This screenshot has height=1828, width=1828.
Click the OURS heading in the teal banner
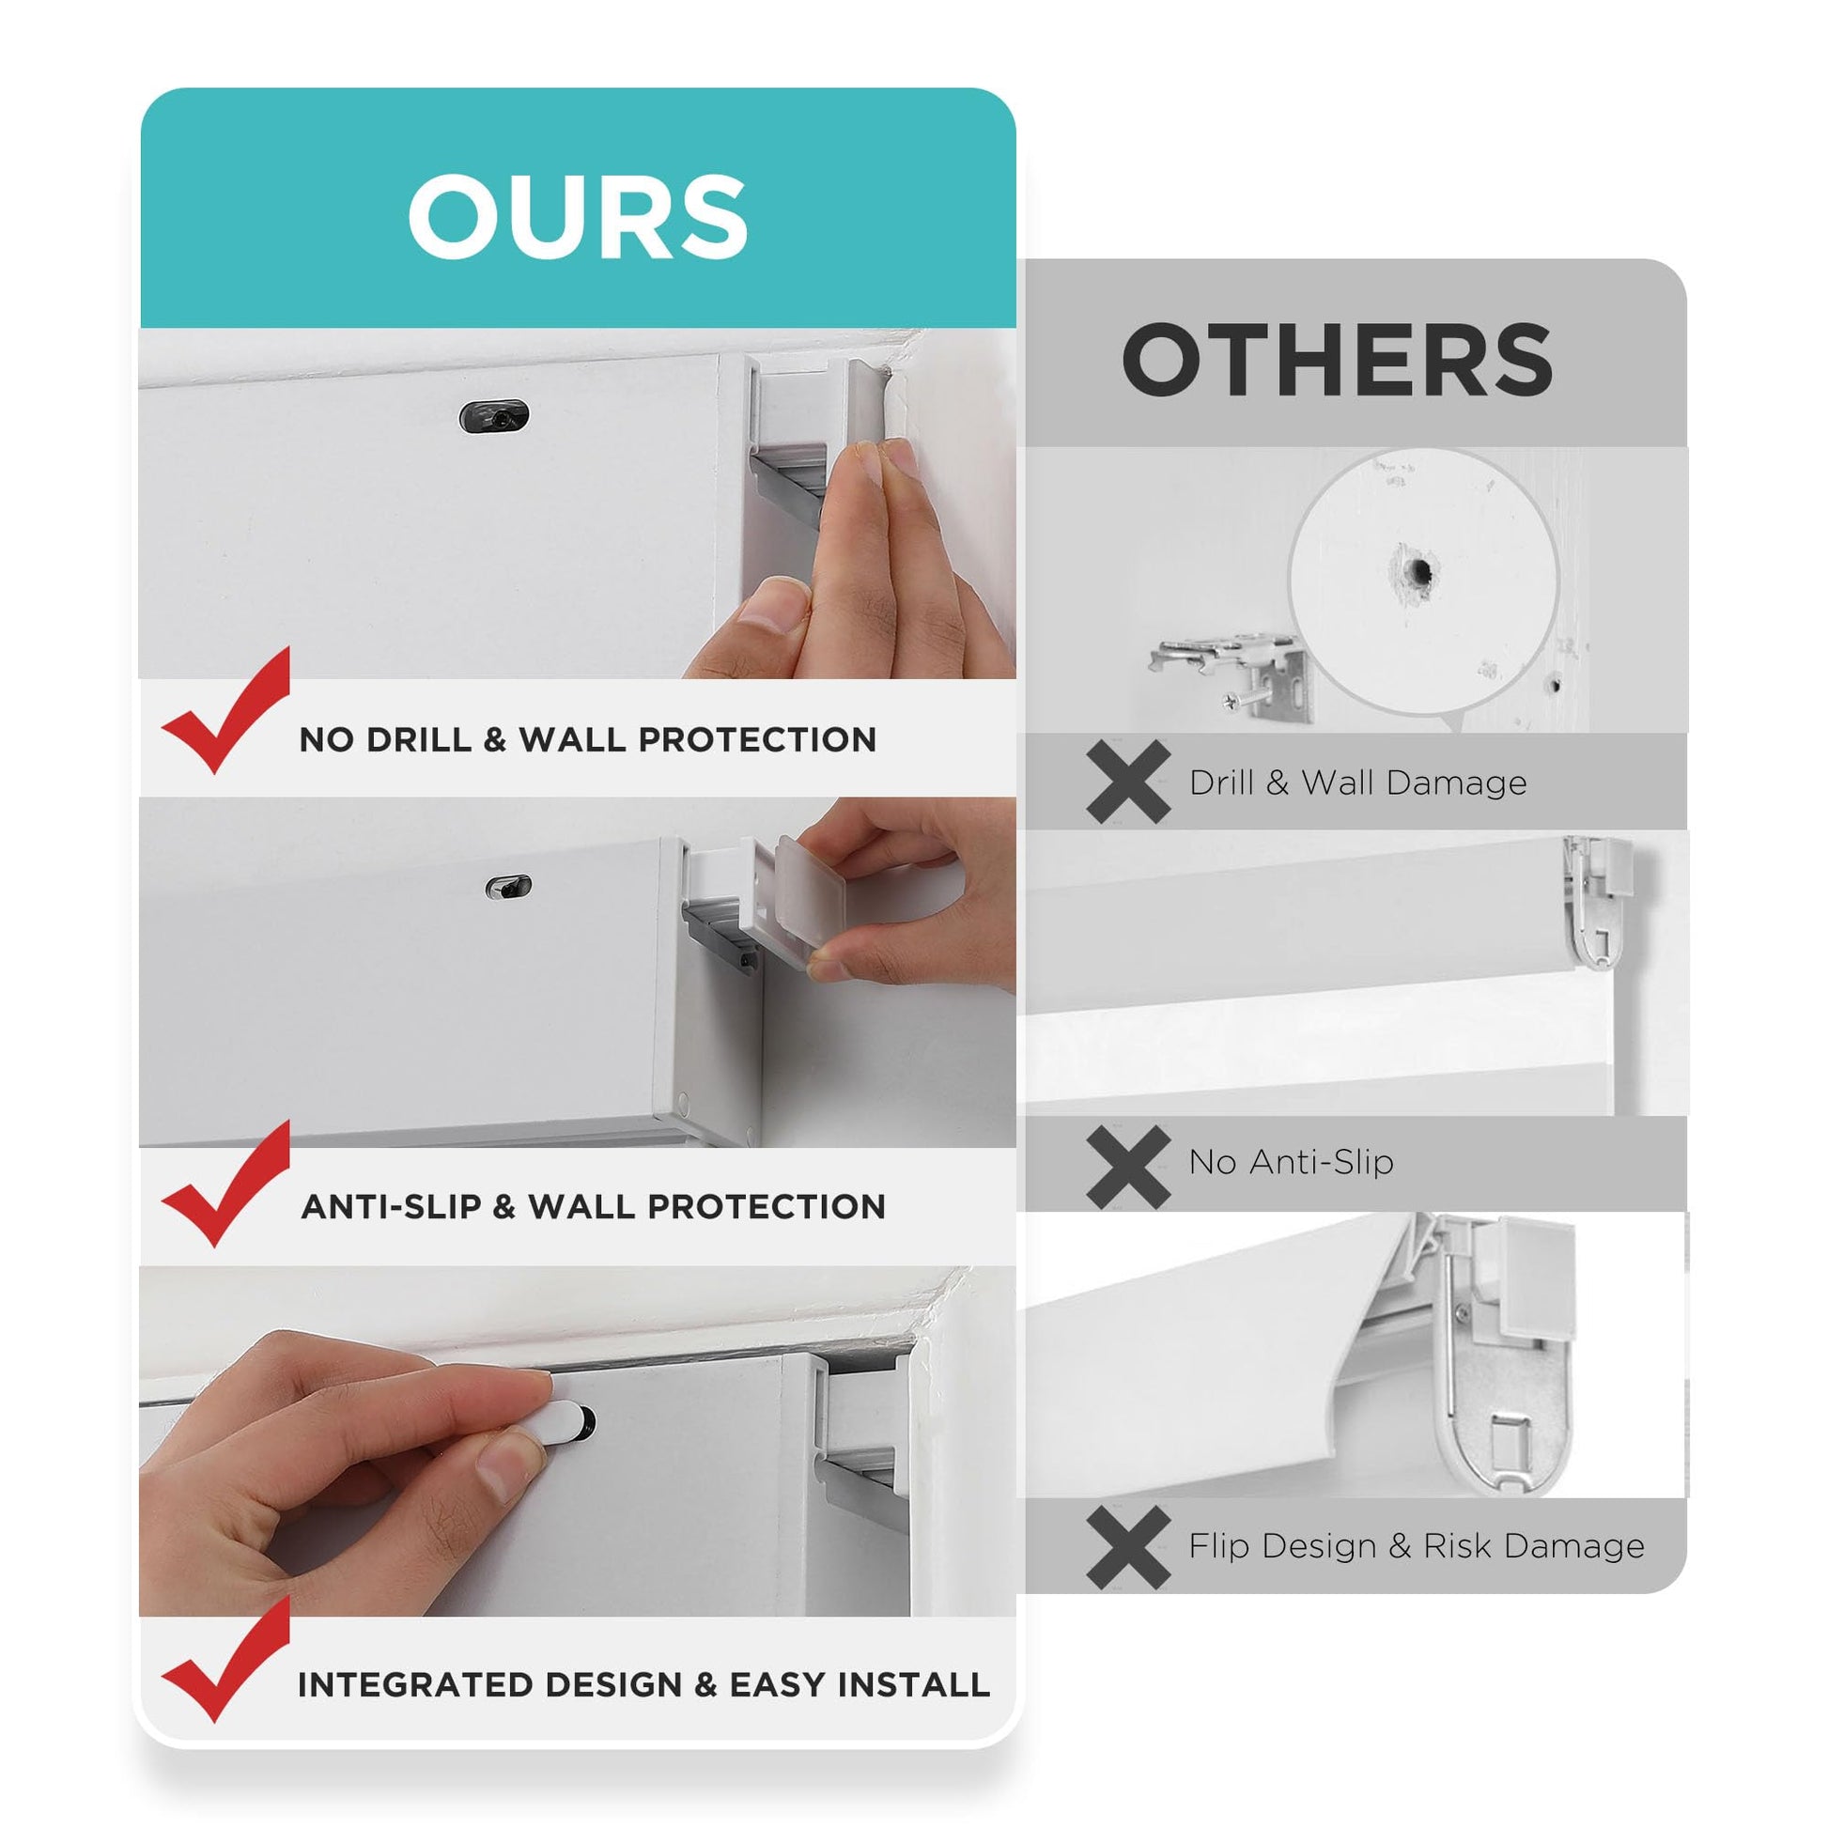[577, 217]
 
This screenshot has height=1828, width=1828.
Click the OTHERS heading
[1337, 361]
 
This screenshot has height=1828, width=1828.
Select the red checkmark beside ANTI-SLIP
[226, 1183]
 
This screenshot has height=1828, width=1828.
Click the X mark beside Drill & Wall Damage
[1129, 782]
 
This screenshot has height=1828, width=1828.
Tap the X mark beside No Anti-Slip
[1129, 1167]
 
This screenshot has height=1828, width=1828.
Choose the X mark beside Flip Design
[1129, 1548]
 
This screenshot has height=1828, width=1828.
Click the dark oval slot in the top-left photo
[494, 415]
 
